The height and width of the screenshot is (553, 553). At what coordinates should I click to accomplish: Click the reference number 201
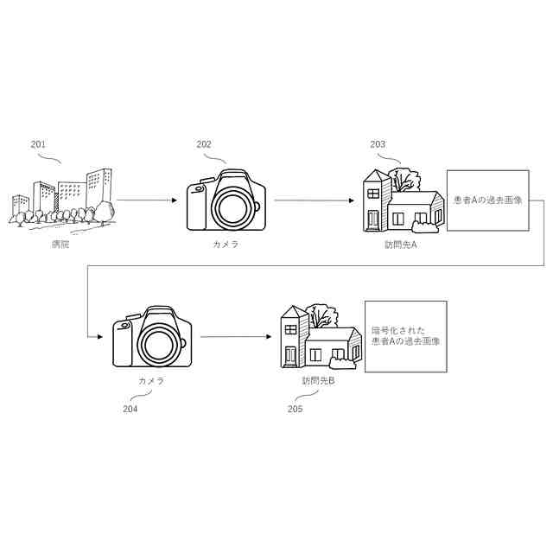tap(38, 144)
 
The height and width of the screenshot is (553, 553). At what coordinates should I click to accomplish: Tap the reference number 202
tap(204, 144)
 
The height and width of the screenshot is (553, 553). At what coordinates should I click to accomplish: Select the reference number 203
tap(378, 144)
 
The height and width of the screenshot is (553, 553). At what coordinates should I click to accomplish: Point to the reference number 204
tap(130, 409)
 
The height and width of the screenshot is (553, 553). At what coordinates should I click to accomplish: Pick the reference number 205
tap(295, 409)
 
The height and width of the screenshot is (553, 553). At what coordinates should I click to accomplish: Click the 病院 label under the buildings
tap(60, 244)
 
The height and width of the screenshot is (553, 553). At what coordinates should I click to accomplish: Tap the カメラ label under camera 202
tap(226, 244)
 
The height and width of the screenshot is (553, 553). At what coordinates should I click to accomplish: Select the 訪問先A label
tap(401, 244)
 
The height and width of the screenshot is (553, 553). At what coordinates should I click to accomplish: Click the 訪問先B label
tap(319, 380)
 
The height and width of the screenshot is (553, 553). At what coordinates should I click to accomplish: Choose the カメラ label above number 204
tap(151, 380)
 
